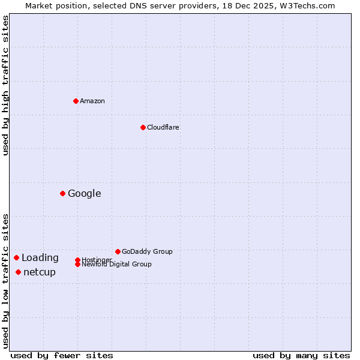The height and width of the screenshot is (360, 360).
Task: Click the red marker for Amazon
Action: [76, 101]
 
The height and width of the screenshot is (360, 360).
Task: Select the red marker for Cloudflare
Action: [143, 127]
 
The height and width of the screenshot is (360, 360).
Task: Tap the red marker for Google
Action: [62, 193]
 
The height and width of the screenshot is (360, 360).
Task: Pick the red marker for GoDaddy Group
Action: [118, 251]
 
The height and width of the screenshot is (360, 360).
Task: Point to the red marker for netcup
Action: [18, 272]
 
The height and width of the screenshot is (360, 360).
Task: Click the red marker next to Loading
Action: [16, 257]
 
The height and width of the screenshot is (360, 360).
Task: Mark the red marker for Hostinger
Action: [77, 260]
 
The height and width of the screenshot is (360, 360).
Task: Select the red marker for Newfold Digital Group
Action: [77, 264]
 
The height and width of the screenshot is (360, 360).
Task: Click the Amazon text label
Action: [92, 101]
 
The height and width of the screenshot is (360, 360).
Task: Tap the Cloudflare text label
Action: [163, 127]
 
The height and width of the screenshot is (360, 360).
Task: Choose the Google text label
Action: [85, 193]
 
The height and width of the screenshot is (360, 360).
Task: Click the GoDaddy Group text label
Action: [147, 251]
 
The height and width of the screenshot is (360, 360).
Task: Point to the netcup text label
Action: [40, 272]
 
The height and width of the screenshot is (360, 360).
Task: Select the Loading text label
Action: [40, 258]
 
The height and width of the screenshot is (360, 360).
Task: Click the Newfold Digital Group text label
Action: [117, 265]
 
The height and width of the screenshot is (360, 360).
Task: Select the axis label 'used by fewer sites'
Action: [62, 355]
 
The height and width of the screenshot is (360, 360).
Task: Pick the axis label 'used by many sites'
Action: [301, 355]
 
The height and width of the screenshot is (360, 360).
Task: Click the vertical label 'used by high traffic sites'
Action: [5, 85]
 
